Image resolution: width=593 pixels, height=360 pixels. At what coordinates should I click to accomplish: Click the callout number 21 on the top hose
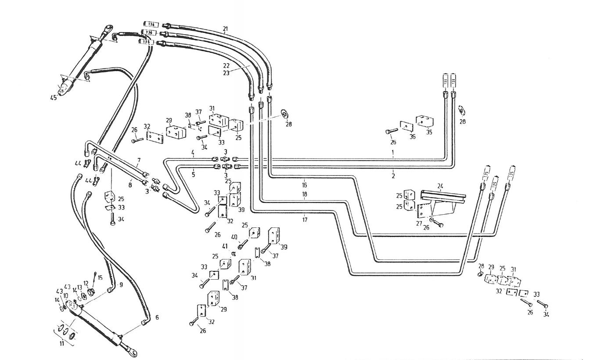tap(225, 29)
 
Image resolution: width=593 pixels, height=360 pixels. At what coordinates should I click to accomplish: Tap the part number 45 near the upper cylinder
tap(54, 98)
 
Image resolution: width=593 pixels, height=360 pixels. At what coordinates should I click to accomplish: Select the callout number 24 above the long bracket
tap(440, 186)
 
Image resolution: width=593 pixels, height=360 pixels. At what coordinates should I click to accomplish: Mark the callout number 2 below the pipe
tap(393, 176)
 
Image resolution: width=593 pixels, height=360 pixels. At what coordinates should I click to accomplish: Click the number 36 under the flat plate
tap(412, 137)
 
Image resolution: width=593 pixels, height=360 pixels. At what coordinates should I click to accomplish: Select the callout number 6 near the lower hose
tap(157, 317)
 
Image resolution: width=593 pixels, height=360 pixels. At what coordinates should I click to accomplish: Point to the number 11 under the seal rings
tap(62, 344)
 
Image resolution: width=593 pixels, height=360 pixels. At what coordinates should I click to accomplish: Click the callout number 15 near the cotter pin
tap(100, 277)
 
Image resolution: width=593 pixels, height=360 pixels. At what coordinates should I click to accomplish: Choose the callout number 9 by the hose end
tap(121, 284)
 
